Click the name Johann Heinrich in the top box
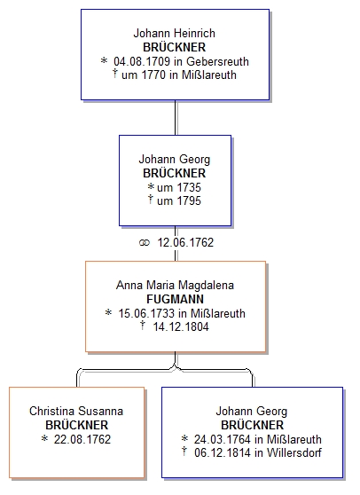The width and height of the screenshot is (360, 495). click(x=174, y=33)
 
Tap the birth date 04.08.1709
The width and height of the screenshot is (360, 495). click(x=142, y=61)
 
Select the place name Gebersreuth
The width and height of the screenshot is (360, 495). click(x=218, y=61)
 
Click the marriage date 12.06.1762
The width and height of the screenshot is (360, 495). click(x=185, y=242)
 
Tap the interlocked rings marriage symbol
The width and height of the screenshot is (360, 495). click(x=144, y=242)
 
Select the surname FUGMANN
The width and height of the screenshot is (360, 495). click(x=175, y=299)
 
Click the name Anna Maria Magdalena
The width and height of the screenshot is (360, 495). click(x=175, y=285)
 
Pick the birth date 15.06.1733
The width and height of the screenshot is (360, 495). click(x=146, y=313)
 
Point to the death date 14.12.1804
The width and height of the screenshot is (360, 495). click(x=181, y=326)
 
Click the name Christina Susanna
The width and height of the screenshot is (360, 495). click(x=76, y=411)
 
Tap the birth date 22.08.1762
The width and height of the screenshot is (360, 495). click(x=82, y=439)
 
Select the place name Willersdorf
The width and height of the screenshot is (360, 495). click(x=294, y=452)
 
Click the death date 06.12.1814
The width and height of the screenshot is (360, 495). click(x=223, y=452)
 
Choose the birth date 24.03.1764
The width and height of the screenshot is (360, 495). click(x=223, y=439)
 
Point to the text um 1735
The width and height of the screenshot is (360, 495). click(x=179, y=187)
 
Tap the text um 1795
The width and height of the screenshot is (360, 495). click(x=179, y=200)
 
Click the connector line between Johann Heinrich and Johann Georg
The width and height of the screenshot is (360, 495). click(x=176, y=118)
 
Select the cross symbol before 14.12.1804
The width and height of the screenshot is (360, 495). click(x=143, y=325)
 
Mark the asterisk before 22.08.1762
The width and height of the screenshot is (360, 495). click(x=44, y=438)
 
